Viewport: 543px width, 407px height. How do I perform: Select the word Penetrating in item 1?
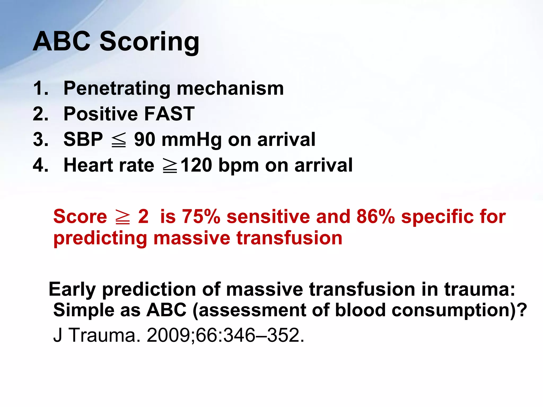tap(117, 89)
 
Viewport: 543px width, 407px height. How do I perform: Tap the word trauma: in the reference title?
tap(479, 289)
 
